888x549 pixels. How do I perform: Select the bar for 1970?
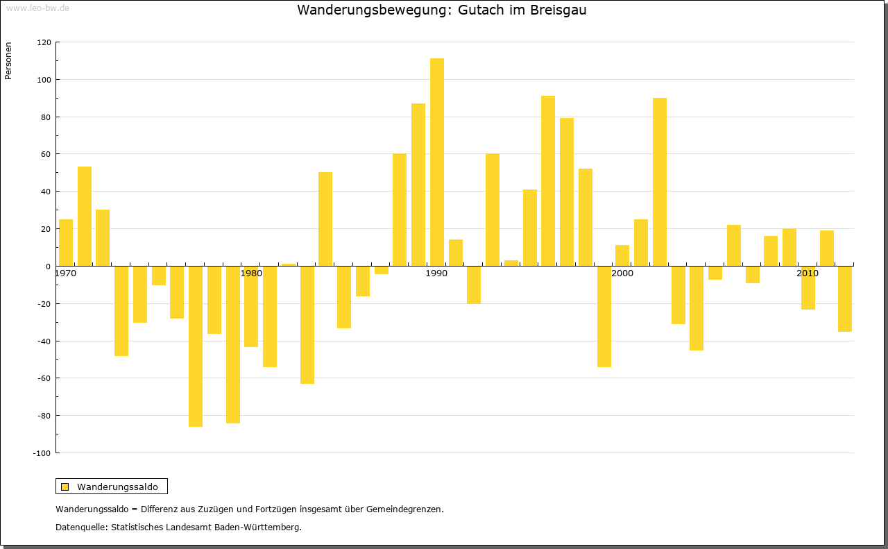pyautogui.click(x=66, y=242)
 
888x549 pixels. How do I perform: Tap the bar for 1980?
pyautogui.click(x=251, y=306)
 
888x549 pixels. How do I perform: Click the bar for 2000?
pyautogui.click(x=622, y=255)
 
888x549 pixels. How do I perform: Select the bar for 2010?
pyautogui.click(x=808, y=287)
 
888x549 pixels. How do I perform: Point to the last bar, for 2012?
pyautogui.click(x=845, y=298)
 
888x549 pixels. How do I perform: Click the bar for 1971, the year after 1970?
pyautogui.click(x=85, y=216)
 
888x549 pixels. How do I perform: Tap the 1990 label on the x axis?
pyautogui.click(x=436, y=273)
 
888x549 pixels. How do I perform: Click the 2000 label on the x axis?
pyautogui.click(x=622, y=273)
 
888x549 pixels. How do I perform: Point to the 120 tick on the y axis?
pyautogui.click(x=44, y=42)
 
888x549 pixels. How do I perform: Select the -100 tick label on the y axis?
pyautogui.click(x=42, y=453)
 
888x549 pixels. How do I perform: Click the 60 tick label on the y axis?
pyautogui.click(x=46, y=154)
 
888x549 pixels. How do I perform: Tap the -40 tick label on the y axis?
pyautogui.click(x=44, y=341)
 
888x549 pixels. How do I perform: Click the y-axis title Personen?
pyautogui.click(x=8, y=61)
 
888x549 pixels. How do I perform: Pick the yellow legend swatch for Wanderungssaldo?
pyautogui.click(x=65, y=487)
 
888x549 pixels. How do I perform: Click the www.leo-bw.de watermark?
pyautogui.click(x=37, y=8)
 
